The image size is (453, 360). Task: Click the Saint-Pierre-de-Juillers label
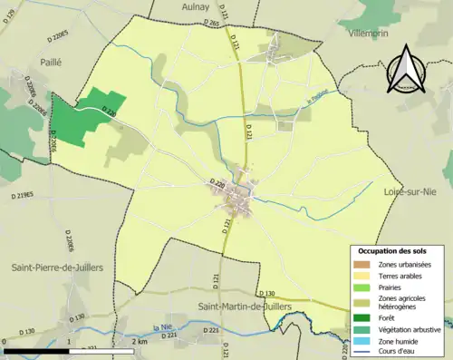coord(56,268)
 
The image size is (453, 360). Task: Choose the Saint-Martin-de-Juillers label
coord(248,306)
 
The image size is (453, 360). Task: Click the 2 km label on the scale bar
coord(139,342)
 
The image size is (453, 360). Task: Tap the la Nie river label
coord(163,326)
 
